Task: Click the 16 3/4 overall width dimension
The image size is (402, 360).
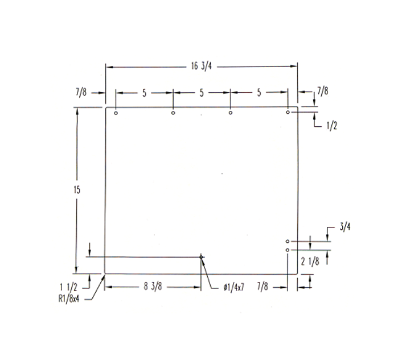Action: [202, 67]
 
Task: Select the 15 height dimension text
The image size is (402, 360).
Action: [77, 190]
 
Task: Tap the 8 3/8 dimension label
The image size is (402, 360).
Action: [152, 287]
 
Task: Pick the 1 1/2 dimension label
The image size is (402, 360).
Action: [68, 287]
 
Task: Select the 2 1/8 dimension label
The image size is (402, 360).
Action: [310, 262]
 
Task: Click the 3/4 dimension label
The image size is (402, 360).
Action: [344, 227]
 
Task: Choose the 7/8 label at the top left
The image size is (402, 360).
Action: [81, 91]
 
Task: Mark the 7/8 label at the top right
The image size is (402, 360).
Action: [322, 91]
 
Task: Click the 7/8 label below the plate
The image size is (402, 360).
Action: [263, 287]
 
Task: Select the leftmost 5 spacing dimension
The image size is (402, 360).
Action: [144, 93]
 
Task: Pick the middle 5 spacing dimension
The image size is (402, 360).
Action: [202, 93]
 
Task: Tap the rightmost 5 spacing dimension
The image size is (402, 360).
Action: [259, 93]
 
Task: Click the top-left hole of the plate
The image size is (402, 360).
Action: [116, 113]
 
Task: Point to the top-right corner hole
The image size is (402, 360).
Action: [288, 112]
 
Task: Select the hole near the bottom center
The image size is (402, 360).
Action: [201, 257]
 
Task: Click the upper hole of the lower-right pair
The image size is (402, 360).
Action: [288, 242]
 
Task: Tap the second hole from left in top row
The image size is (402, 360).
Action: [173, 113]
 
